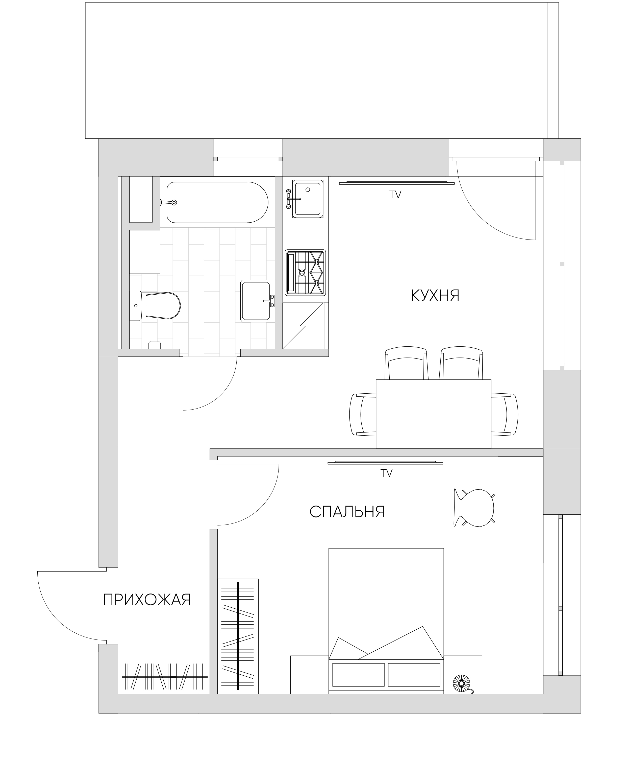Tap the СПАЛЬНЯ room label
(347, 512)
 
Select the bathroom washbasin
(258, 301)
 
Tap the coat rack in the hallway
(164, 677)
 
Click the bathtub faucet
(168, 203)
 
